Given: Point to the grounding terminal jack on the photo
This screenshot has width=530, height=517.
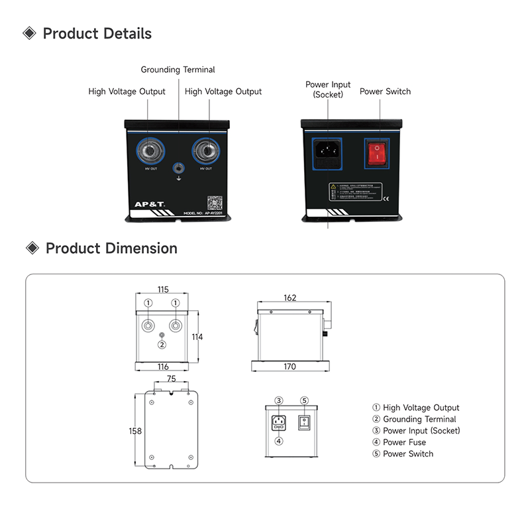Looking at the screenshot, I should [x=178, y=169].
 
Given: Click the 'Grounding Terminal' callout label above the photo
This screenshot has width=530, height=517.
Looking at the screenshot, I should [x=178, y=69].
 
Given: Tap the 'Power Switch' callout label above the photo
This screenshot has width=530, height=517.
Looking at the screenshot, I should [x=385, y=91].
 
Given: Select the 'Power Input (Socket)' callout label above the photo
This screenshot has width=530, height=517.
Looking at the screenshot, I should [x=328, y=89].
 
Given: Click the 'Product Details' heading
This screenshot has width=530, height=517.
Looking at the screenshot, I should [x=97, y=34].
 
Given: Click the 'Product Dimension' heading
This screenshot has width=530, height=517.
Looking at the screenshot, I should [x=111, y=249].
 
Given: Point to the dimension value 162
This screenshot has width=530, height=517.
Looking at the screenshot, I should [x=290, y=298].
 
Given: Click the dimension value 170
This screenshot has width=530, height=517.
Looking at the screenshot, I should [x=290, y=367].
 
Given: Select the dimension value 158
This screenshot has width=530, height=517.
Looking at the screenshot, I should [x=134, y=431].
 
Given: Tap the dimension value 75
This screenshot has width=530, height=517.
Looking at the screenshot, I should [x=171, y=380].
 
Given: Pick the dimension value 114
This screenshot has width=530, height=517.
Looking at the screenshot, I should [x=197, y=337].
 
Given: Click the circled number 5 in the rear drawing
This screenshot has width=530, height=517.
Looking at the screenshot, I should [x=304, y=400].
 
